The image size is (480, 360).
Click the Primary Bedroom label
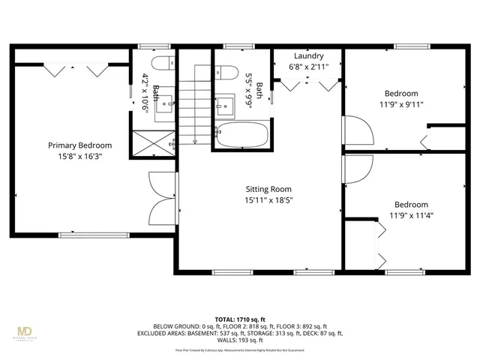click(x=79, y=145)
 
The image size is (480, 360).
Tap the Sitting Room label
click(x=268, y=189)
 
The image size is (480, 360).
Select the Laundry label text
click(x=308, y=55)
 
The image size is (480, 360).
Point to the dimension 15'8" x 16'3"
click(x=79, y=157)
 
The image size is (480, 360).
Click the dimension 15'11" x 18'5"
click(x=268, y=200)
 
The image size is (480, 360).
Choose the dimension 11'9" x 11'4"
click(x=411, y=215)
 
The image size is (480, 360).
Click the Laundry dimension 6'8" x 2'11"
click(x=308, y=66)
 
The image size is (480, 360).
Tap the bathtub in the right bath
click(x=242, y=136)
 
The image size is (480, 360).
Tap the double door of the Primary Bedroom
click(x=163, y=197)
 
